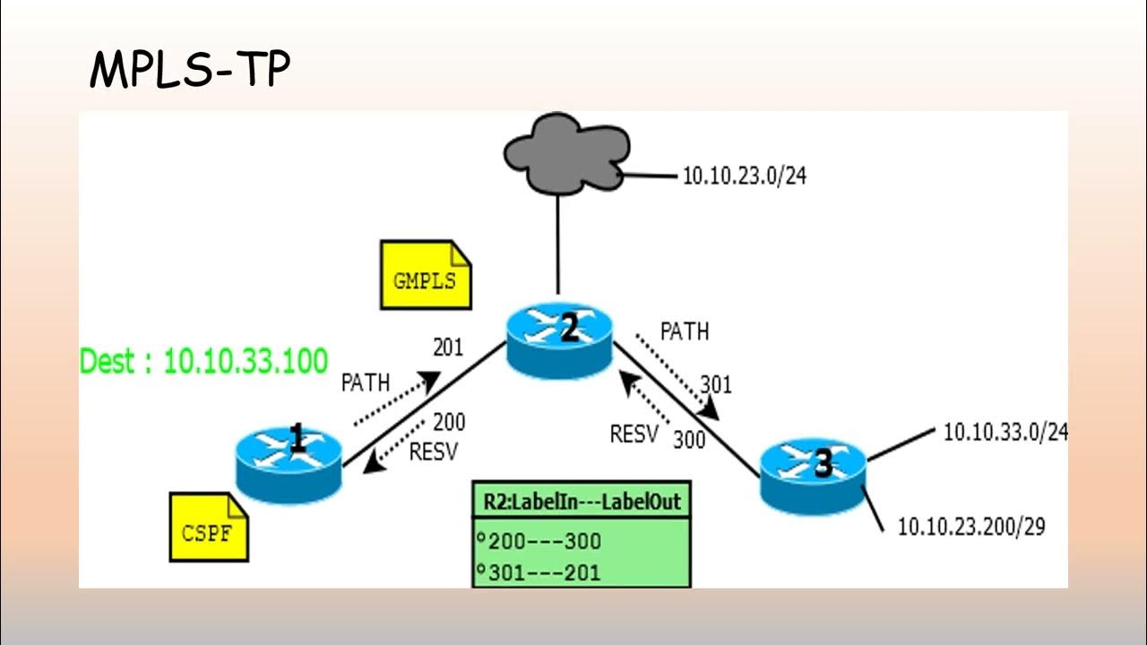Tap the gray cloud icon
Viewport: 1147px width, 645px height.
tap(566, 160)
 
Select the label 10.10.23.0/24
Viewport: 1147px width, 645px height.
tap(744, 176)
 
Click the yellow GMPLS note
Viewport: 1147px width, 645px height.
tap(426, 276)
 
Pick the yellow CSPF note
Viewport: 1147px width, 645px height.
tap(209, 529)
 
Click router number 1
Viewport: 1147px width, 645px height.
tap(289, 462)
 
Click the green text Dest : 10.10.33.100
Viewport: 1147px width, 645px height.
tap(203, 361)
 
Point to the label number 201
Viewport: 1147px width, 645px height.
tap(448, 347)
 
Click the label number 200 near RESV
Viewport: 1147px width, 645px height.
tap(449, 421)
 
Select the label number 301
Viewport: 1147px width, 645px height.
tap(716, 384)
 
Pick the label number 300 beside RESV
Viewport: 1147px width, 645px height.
tap(688, 439)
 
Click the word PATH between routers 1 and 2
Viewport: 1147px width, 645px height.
tap(366, 383)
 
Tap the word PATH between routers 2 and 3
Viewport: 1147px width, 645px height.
tap(684, 331)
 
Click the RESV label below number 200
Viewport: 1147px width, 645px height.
tap(434, 451)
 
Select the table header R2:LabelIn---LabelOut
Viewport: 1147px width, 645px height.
tap(581, 502)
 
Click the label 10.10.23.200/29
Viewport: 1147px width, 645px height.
tap(970, 526)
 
